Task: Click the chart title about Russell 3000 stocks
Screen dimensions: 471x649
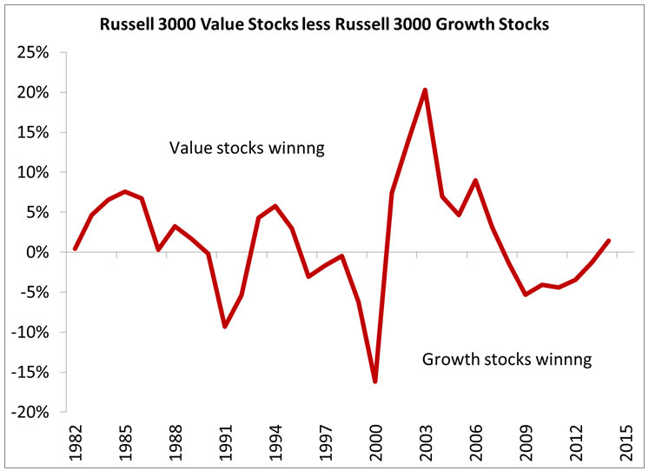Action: point(323,25)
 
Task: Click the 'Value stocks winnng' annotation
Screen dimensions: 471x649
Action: point(246,149)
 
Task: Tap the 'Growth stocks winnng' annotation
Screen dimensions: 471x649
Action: point(507,359)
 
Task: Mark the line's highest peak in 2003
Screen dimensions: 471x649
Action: point(425,90)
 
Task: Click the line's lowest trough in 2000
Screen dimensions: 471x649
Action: point(375,381)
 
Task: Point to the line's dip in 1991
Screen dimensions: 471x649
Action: point(225,326)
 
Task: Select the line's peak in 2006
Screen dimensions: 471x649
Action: point(475,181)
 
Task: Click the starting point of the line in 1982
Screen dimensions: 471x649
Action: point(76,249)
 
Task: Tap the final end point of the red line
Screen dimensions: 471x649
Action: point(609,241)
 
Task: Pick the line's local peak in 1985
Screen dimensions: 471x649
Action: point(125,191)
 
